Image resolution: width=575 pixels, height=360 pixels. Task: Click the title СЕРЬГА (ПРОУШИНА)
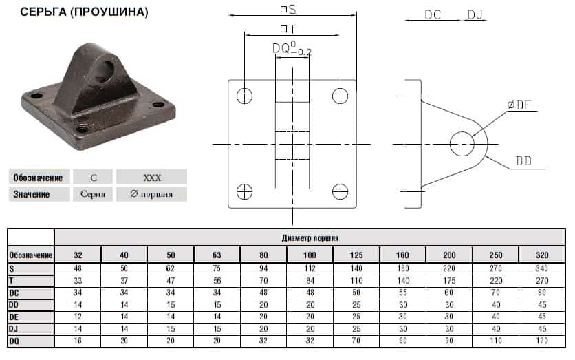[85, 12]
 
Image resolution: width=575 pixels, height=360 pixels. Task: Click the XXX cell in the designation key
[152, 178]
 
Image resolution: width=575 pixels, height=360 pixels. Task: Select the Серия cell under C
[93, 193]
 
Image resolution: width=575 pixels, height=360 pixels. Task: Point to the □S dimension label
[288, 9]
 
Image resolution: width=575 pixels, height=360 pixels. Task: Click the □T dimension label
[288, 29]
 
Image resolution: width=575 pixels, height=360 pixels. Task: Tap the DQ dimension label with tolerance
[292, 49]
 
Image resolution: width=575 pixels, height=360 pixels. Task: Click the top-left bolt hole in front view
[245, 96]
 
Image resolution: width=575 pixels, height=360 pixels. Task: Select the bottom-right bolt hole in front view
[340, 191]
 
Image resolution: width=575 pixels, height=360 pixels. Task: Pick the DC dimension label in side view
[433, 14]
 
